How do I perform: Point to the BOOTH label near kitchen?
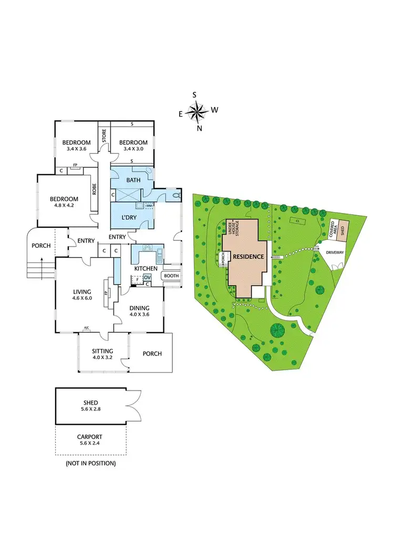tap(171, 276)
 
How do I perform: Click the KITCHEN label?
tap(146, 268)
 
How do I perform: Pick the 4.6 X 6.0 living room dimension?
tap(82, 298)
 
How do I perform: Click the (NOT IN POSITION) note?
tap(90, 464)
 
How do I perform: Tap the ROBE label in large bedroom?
tap(94, 188)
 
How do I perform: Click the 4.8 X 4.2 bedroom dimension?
tap(64, 206)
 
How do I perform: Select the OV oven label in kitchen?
tap(148, 277)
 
